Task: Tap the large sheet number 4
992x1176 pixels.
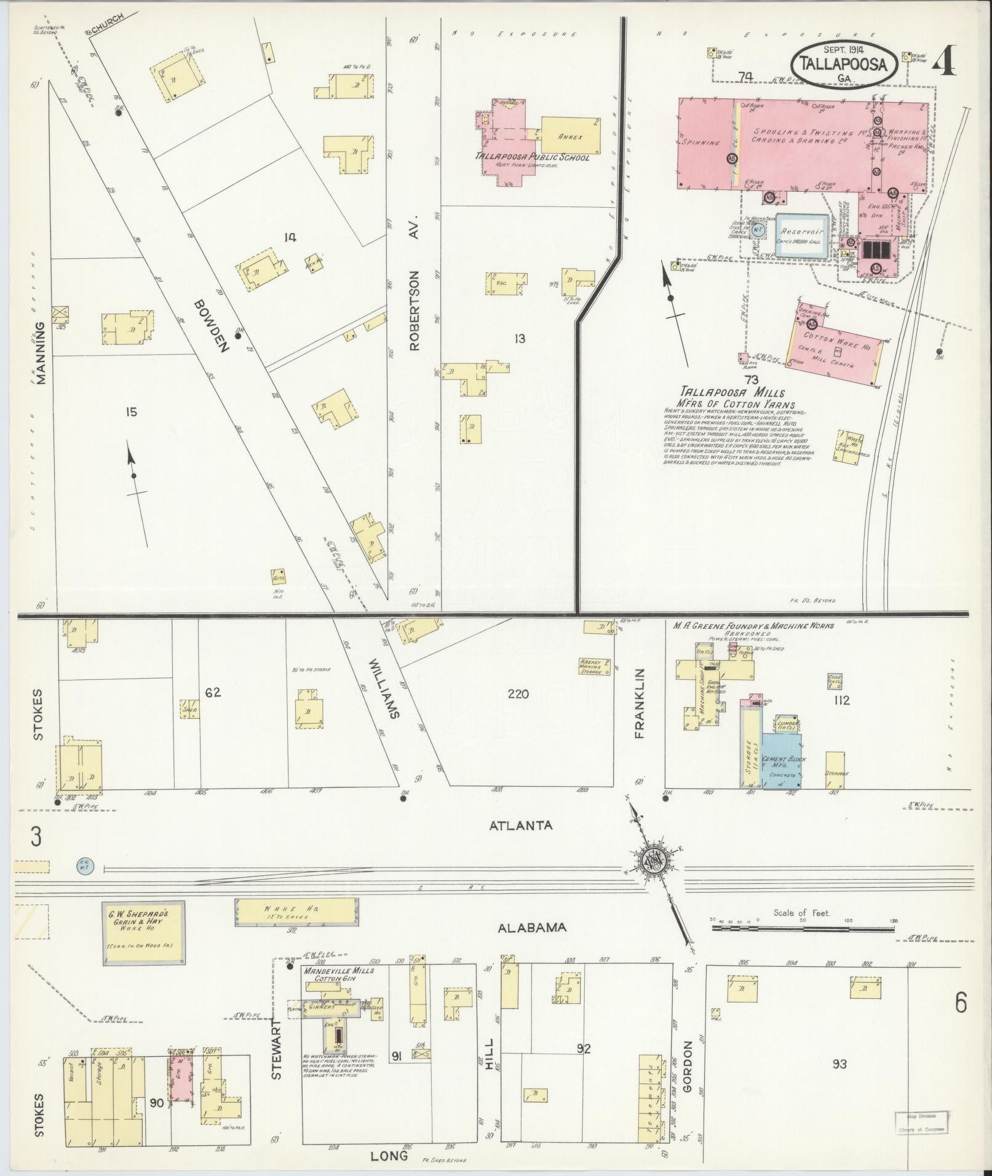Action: [x=946, y=60]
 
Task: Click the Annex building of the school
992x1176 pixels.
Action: [x=570, y=135]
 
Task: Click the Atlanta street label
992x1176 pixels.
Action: [x=520, y=826]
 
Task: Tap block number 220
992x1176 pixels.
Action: [x=518, y=695]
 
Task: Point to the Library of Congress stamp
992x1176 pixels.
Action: [x=921, y=1121]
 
